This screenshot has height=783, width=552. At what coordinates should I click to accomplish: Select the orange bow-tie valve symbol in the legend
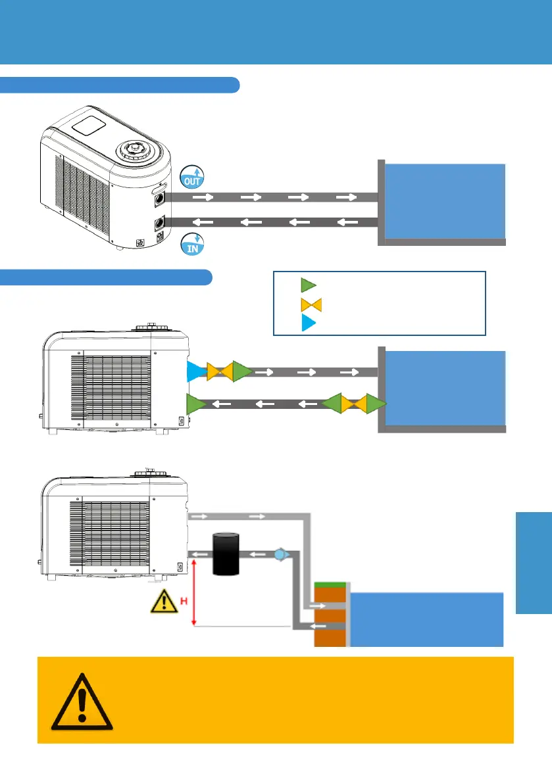coord(309,304)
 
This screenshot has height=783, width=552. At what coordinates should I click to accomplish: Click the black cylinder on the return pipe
coord(225,556)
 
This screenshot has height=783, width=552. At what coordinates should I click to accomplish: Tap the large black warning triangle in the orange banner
coord(77,701)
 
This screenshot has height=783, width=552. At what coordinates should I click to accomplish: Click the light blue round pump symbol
coord(280,554)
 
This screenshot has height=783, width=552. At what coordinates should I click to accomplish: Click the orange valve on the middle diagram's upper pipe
coord(218,371)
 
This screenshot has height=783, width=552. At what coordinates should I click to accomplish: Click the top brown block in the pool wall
coord(328,598)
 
